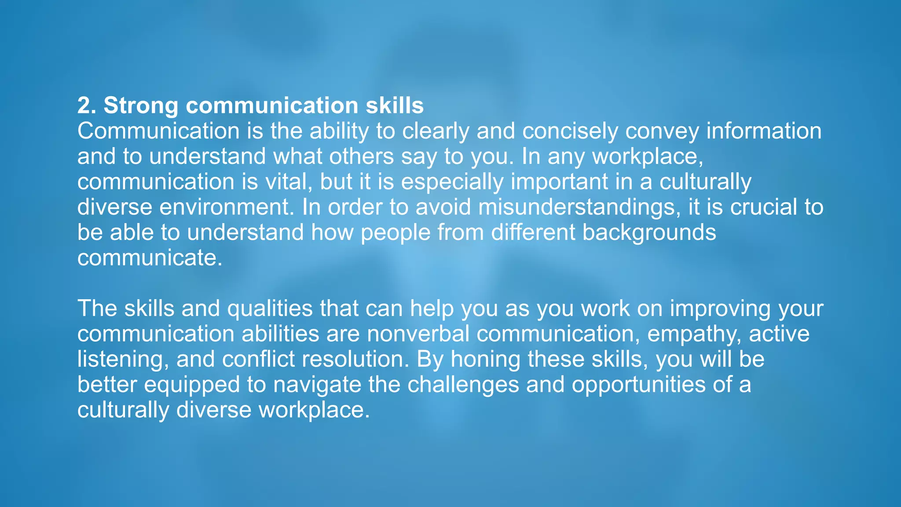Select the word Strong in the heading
(141, 106)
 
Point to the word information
(764, 131)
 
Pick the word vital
(288, 182)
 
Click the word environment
(227, 207)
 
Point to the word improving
(720, 309)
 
